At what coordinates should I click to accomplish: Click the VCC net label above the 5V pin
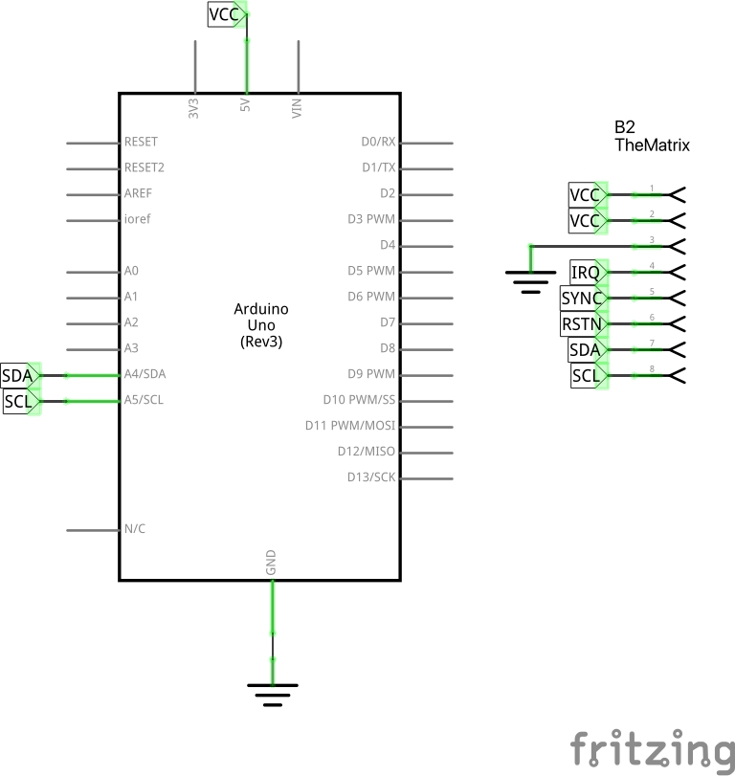coord(225,14)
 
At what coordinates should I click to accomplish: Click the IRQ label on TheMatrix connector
coord(586,273)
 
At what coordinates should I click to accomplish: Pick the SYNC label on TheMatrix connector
coord(582,299)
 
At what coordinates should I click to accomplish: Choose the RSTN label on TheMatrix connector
coord(582,324)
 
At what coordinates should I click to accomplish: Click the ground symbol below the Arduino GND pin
coord(273,693)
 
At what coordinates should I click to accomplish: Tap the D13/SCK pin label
coord(371,477)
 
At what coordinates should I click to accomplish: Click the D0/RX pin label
coord(378,143)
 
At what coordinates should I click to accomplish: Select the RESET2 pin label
coord(145,167)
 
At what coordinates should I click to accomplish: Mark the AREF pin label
coord(139,193)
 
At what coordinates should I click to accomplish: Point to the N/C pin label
coord(135,529)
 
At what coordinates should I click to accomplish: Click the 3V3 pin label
coord(194,107)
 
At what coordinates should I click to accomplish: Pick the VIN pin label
coord(298,107)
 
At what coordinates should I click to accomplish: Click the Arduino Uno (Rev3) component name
coord(261,325)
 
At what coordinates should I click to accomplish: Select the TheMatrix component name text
coord(652,146)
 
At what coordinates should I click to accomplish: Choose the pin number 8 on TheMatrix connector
coord(652,368)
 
